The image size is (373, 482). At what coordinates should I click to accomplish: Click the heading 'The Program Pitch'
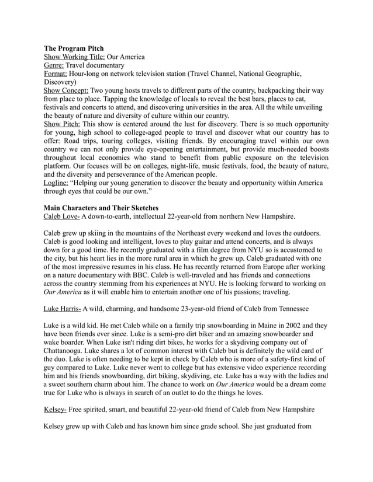75,48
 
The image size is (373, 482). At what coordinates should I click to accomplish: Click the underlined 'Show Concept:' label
67,92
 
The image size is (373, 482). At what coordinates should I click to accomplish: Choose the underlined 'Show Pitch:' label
63,124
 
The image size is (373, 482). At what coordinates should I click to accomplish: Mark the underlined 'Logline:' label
56,183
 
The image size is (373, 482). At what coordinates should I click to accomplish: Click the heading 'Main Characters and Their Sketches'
101,207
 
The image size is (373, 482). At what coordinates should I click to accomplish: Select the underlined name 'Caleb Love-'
62,216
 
